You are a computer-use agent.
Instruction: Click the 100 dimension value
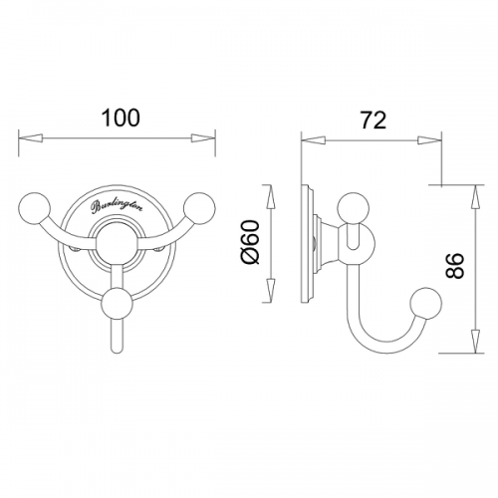[x=121, y=118]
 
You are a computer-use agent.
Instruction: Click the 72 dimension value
[x=373, y=120]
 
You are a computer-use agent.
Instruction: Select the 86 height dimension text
[x=454, y=266]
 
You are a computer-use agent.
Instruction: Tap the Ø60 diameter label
[x=251, y=242]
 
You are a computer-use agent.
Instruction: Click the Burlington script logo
[x=117, y=206]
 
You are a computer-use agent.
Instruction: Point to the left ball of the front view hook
[x=35, y=207]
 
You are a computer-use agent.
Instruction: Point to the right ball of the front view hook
[x=199, y=207]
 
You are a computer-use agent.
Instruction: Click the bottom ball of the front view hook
[x=118, y=304]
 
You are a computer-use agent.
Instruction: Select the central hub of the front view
[x=118, y=244]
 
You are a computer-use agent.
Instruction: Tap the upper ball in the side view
[x=354, y=208]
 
